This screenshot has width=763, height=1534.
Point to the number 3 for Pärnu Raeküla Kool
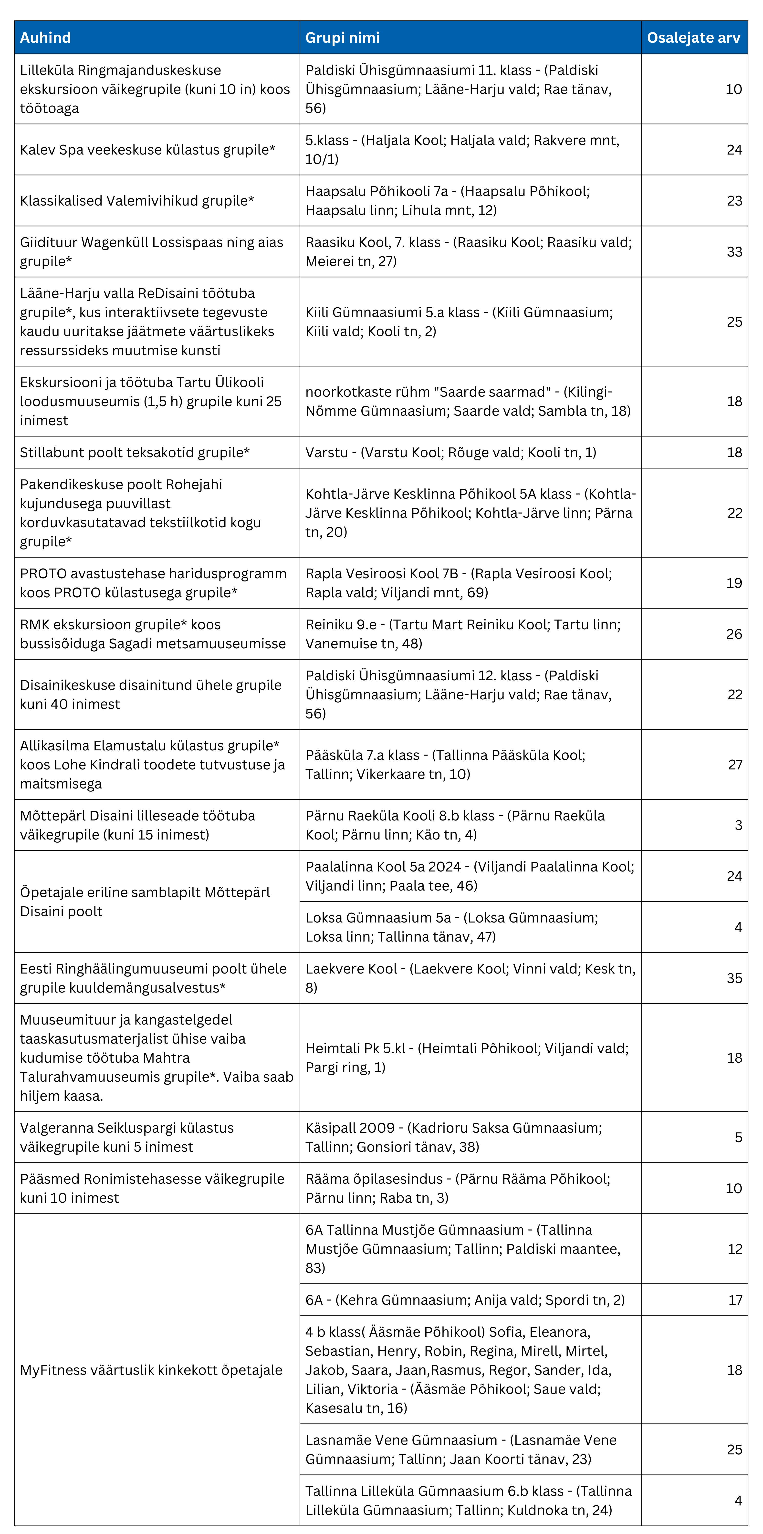pyautogui.click(x=738, y=825)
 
